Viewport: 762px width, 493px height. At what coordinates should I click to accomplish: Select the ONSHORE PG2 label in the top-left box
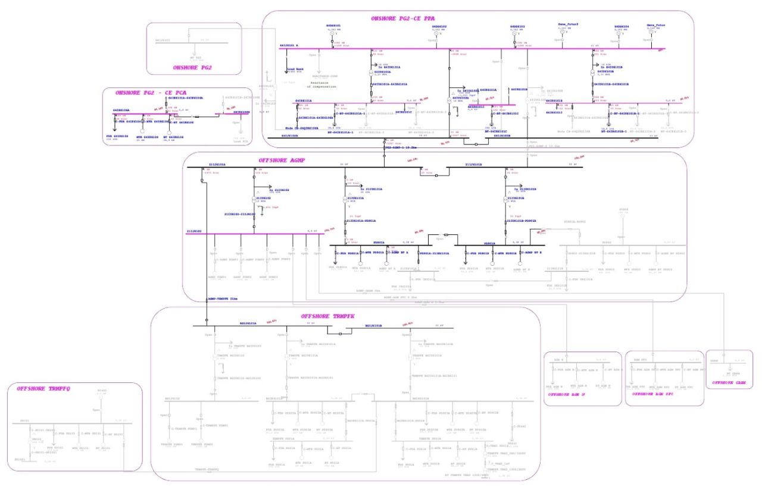tap(192, 67)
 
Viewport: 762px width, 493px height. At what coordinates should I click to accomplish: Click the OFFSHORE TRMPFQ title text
tap(43, 388)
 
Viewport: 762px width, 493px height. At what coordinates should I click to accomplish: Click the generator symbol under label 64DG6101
tap(333, 33)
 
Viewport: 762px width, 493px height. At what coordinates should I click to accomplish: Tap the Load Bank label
tap(296, 69)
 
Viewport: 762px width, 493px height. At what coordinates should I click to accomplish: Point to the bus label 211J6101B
tap(474, 165)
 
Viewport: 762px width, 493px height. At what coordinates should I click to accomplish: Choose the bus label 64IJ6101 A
tap(289, 45)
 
